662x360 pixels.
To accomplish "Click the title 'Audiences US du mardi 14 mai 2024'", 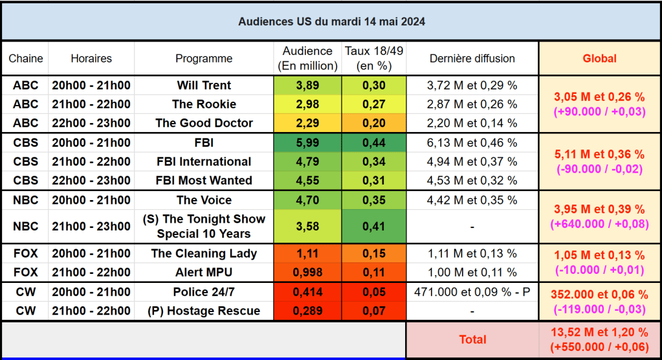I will click(x=331, y=21).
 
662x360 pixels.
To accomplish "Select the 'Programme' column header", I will click(x=204, y=58).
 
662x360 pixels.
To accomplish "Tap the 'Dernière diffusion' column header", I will click(x=472, y=58).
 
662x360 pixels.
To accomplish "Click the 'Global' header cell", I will click(x=600, y=58).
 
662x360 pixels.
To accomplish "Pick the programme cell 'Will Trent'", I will click(x=204, y=85).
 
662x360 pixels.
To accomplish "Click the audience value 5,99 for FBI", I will click(x=307, y=142).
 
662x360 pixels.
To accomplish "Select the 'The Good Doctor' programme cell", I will click(x=204, y=123).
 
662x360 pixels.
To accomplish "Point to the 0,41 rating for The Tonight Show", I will click(x=374, y=227).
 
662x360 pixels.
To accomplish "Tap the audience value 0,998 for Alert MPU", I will click(x=307, y=273).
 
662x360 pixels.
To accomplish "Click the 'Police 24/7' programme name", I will click(x=204, y=292).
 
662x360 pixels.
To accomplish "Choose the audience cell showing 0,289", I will click(x=307, y=311).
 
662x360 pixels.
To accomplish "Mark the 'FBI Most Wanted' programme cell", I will click(x=204, y=180).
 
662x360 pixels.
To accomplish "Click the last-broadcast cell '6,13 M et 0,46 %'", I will click(x=472, y=142).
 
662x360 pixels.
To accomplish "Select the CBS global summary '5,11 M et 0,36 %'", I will click(x=600, y=155).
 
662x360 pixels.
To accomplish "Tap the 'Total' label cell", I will click(x=472, y=339).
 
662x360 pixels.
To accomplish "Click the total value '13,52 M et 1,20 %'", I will click(x=600, y=333).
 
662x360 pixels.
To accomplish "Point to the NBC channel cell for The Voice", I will click(x=26, y=200).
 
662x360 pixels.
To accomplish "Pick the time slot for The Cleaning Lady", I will click(x=91, y=254).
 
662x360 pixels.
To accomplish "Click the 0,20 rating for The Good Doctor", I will click(x=374, y=123).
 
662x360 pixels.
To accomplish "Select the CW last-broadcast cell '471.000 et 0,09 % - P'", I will click(x=472, y=292).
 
